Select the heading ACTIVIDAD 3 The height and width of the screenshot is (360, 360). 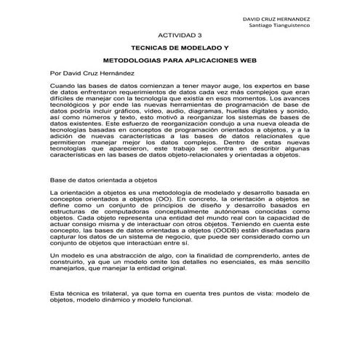pos(180,34)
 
